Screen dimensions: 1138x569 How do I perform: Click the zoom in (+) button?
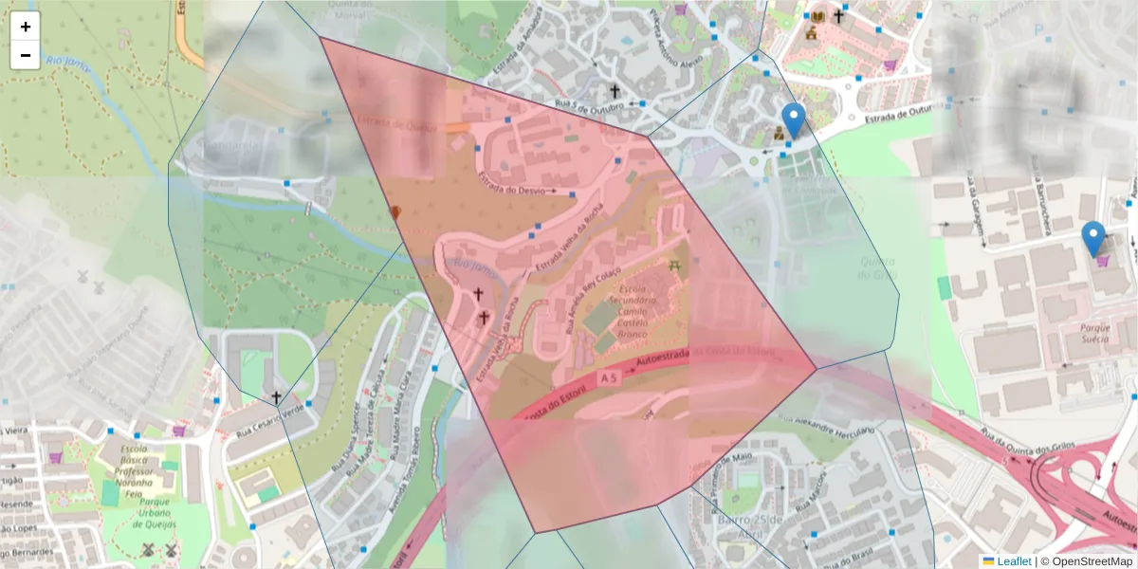(x=26, y=27)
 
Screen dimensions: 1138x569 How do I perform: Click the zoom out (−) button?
(x=26, y=55)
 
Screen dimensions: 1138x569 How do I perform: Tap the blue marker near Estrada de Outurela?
(x=794, y=121)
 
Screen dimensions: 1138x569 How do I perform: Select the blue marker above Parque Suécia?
(x=1093, y=239)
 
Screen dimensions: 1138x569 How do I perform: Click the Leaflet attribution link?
(x=1014, y=560)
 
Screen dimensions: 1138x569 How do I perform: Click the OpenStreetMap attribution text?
(x=1092, y=560)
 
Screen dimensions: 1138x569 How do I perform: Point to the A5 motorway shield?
(x=610, y=377)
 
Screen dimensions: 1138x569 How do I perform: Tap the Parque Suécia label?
(x=1082, y=333)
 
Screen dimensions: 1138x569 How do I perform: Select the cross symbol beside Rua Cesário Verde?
(x=276, y=397)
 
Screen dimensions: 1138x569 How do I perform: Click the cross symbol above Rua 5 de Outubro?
(x=615, y=92)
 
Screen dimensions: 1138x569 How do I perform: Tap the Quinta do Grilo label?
(x=878, y=268)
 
